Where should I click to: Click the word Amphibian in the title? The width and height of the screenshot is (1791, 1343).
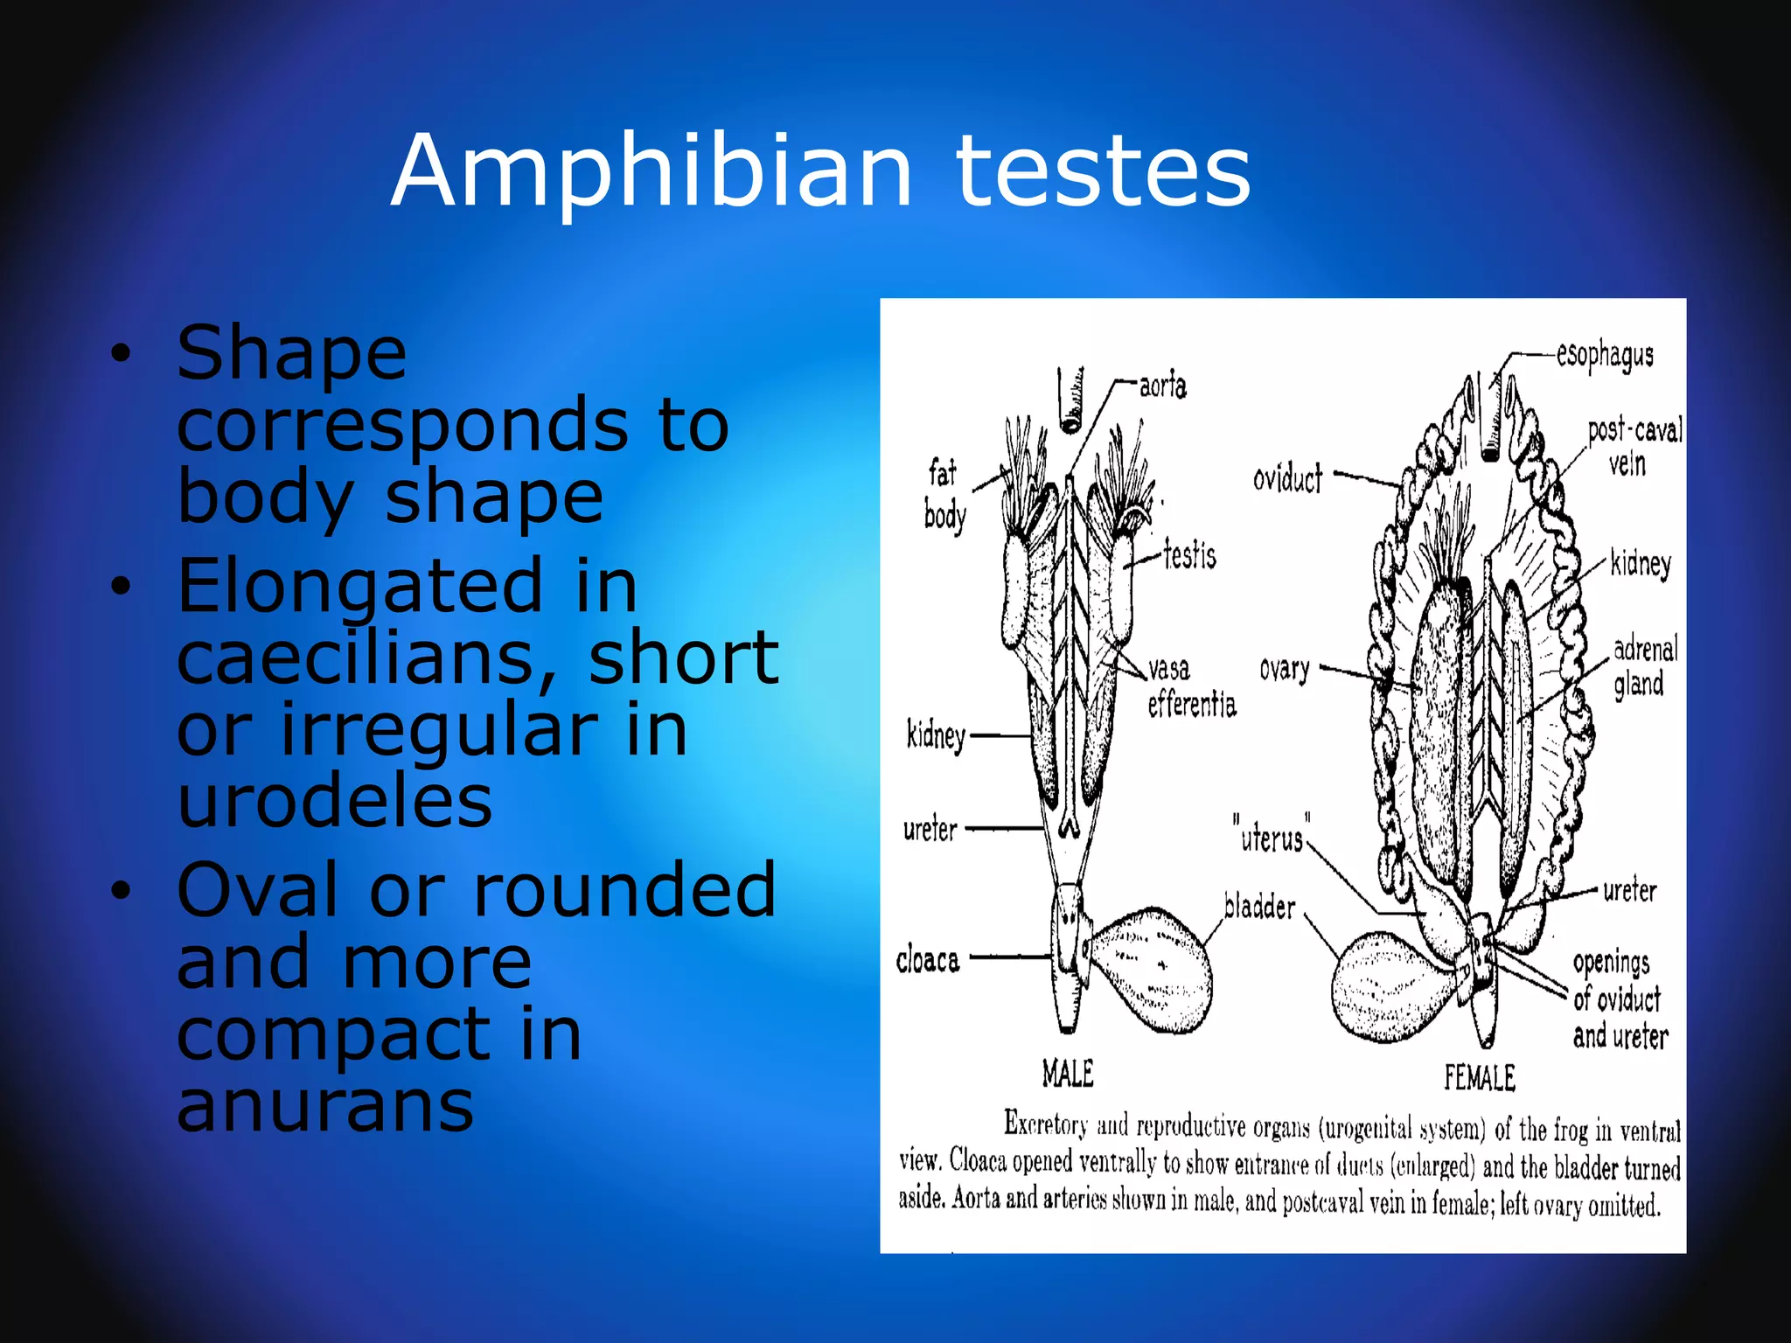coord(652,171)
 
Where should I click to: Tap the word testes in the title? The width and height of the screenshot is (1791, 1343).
coord(1103,171)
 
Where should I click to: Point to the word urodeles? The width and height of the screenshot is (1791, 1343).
coord(335,801)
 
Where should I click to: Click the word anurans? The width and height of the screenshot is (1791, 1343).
coord(325,1105)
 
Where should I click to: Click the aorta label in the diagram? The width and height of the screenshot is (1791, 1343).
coord(1162,386)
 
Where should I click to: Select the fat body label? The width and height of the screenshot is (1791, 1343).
coord(944,495)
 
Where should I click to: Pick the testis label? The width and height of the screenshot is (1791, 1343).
coord(1189,555)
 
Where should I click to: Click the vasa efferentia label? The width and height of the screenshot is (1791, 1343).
coord(1190,687)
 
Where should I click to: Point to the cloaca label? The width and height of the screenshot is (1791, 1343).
coord(927,960)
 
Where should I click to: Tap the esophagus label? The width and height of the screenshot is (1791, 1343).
coord(1605,356)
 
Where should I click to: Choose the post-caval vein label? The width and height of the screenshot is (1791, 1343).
coord(1633,447)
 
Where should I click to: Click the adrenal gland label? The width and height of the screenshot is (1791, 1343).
coord(1644,666)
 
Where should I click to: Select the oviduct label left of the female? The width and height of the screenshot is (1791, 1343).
coord(1287,479)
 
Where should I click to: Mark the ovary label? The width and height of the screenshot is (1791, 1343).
coord(1284,670)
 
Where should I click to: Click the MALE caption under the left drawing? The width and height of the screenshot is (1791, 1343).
coord(1068,1074)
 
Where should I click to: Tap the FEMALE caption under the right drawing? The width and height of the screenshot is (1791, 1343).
coord(1479,1077)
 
